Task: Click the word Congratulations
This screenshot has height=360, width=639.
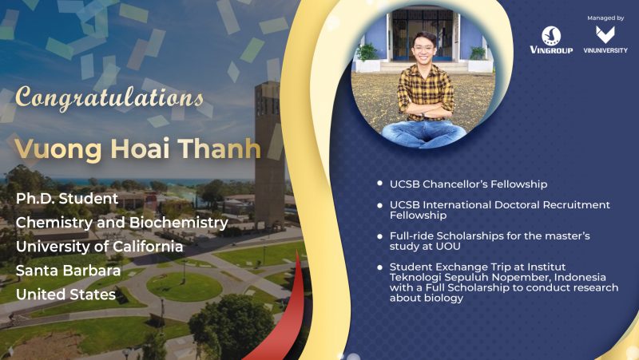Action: (109, 98)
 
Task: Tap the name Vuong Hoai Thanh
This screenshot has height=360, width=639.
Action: (137, 148)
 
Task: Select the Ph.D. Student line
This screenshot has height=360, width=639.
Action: (67, 199)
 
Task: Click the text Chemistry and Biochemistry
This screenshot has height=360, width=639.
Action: (122, 223)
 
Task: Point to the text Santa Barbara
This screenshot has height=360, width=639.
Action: (69, 271)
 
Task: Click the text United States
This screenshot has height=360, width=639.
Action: (66, 295)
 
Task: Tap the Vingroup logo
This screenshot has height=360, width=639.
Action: (551, 40)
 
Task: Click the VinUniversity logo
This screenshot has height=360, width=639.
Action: (605, 40)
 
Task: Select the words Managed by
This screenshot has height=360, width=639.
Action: (605, 18)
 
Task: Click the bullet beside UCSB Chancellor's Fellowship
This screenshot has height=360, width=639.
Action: (380, 184)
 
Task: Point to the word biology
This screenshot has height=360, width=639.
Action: (444, 299)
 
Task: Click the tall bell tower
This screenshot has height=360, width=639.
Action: (269, 155)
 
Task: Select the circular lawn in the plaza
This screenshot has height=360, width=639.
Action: (185, 287)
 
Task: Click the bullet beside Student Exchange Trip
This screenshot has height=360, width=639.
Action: (380, 267)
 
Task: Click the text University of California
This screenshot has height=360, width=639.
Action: (99, 247)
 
